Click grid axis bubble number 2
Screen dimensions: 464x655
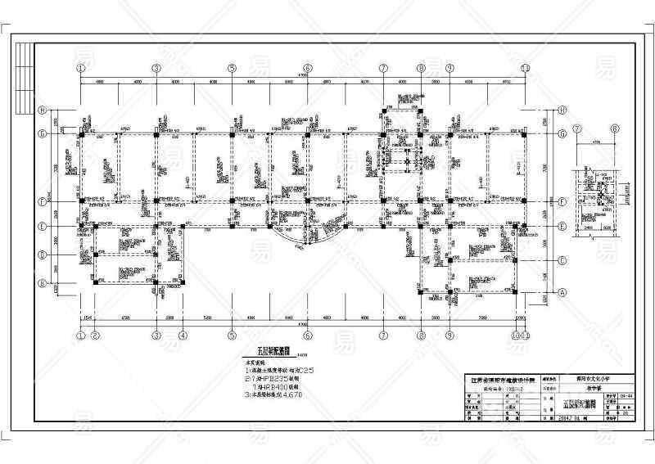coord(96,335)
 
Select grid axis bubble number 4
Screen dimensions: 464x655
coord(183,335)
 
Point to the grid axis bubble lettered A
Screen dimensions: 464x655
coord(562,291)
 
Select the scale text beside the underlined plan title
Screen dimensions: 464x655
coord(301,355)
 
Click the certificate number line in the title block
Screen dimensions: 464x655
coord(501,390)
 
